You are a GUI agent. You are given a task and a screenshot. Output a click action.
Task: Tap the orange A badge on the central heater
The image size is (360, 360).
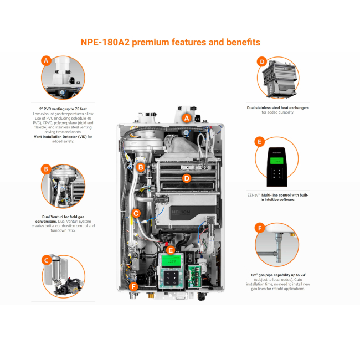tap(187, 118)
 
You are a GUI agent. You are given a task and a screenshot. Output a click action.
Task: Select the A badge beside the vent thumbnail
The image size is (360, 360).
tap(46, 61)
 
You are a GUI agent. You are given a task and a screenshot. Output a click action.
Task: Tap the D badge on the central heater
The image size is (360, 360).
tap(187, 178)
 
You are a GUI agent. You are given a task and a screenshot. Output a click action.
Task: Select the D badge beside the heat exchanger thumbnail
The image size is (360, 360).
tap(262, 61)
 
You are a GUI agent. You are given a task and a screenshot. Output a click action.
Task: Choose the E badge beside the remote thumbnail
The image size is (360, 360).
tap(259, 142)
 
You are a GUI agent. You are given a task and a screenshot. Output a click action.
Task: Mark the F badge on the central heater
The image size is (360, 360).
tap(133, 286)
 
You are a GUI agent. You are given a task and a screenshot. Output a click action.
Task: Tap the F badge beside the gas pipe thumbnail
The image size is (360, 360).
tap(259, 228)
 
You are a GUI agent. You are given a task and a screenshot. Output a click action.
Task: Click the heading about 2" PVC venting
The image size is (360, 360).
tap(63, 109)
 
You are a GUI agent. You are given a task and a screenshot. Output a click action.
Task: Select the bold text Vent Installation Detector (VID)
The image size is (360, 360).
tap(60, 136)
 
